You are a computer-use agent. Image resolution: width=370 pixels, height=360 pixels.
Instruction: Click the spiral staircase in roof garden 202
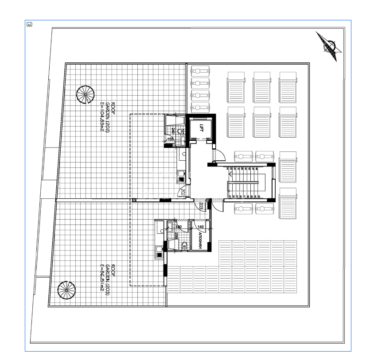(85, 95)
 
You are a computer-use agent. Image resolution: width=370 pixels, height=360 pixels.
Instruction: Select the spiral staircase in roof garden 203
(67, 290)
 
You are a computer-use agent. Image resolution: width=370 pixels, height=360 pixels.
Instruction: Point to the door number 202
(182, 192)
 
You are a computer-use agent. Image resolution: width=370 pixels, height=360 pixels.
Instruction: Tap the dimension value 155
(170, 139)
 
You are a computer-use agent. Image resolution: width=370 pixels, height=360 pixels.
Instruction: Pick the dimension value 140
(201, 227)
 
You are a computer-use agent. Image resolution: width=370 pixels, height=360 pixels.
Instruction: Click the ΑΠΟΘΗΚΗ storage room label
(201, 241)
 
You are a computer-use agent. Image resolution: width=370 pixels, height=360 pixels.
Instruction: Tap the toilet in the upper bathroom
(180, 132)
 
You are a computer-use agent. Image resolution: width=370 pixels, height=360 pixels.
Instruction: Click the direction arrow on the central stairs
(243, 182)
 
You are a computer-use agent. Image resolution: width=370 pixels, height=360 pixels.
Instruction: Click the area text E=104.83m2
(102, 117)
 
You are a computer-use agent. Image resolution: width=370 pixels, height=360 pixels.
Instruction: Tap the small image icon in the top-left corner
(29, 24)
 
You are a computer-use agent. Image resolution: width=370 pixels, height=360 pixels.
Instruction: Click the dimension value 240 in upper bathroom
(173, 131)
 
